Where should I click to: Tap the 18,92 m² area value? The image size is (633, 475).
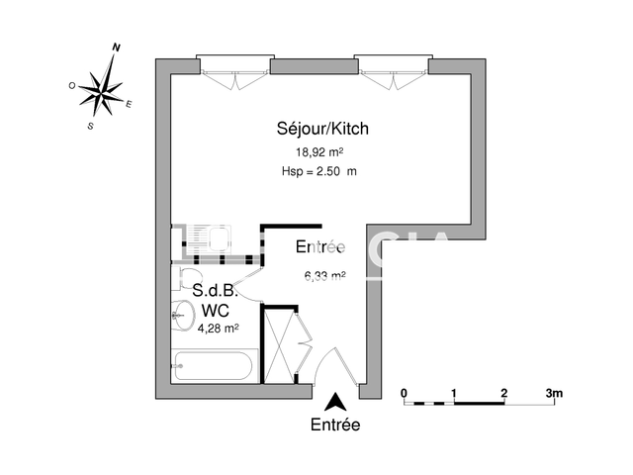tap(318, 152)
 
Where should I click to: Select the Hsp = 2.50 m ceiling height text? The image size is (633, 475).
tap(318, 172)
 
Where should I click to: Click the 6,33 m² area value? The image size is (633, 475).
tap(324, 276)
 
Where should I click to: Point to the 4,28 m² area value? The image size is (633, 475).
tap(219, 329)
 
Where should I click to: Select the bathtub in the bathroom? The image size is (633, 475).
tap(214, 366)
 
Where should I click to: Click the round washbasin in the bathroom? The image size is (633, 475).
tap(181, 316)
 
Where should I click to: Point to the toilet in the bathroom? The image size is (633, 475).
tap(187, 276)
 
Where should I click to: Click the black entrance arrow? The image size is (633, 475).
tap(336, 403)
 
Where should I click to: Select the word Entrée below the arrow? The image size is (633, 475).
tap(336, 426)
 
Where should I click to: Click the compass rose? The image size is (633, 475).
tap(103, 90)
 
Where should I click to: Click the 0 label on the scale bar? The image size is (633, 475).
tap(405, 393)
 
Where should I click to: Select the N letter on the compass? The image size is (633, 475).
tap(117, 47)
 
